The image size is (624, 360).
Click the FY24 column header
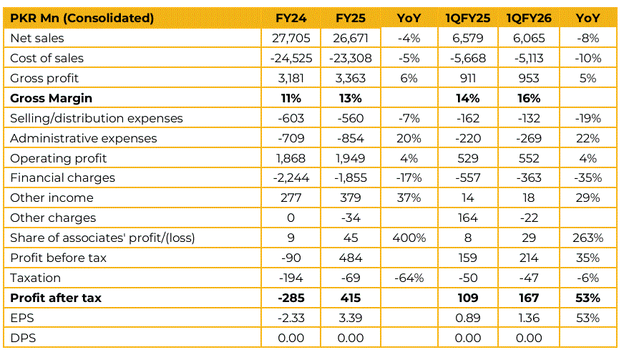[291, 18]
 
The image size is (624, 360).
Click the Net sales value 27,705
[292, 38]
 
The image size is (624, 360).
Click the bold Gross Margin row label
[52, 98]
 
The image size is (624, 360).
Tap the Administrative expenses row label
[84, 138]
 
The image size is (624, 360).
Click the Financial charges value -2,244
[292, 178]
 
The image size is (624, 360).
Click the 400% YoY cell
[409, 238]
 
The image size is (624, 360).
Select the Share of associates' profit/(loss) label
[102, 238]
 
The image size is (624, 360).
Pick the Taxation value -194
[292, 278]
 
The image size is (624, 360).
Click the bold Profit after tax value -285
[292, 298]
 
